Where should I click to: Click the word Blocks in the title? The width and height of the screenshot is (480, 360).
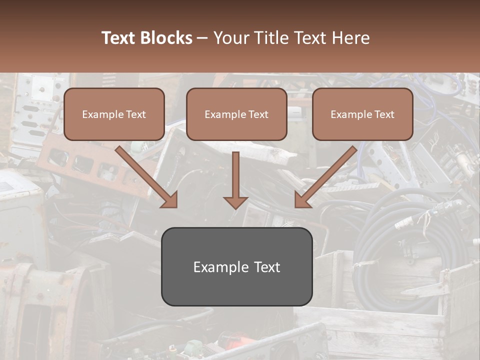166,37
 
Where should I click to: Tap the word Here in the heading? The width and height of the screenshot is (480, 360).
351,37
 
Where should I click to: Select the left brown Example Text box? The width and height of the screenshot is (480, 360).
114,114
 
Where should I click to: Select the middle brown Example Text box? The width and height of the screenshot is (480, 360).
236,114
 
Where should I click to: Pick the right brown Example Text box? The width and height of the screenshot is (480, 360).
362,114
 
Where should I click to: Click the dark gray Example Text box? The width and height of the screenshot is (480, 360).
237,266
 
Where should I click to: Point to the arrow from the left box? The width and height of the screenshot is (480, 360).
147,177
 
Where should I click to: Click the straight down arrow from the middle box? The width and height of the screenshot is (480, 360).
235,180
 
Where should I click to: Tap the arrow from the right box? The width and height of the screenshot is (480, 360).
325,177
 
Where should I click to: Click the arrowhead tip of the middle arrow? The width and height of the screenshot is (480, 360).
235,209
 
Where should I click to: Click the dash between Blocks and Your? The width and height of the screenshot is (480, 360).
202,38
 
